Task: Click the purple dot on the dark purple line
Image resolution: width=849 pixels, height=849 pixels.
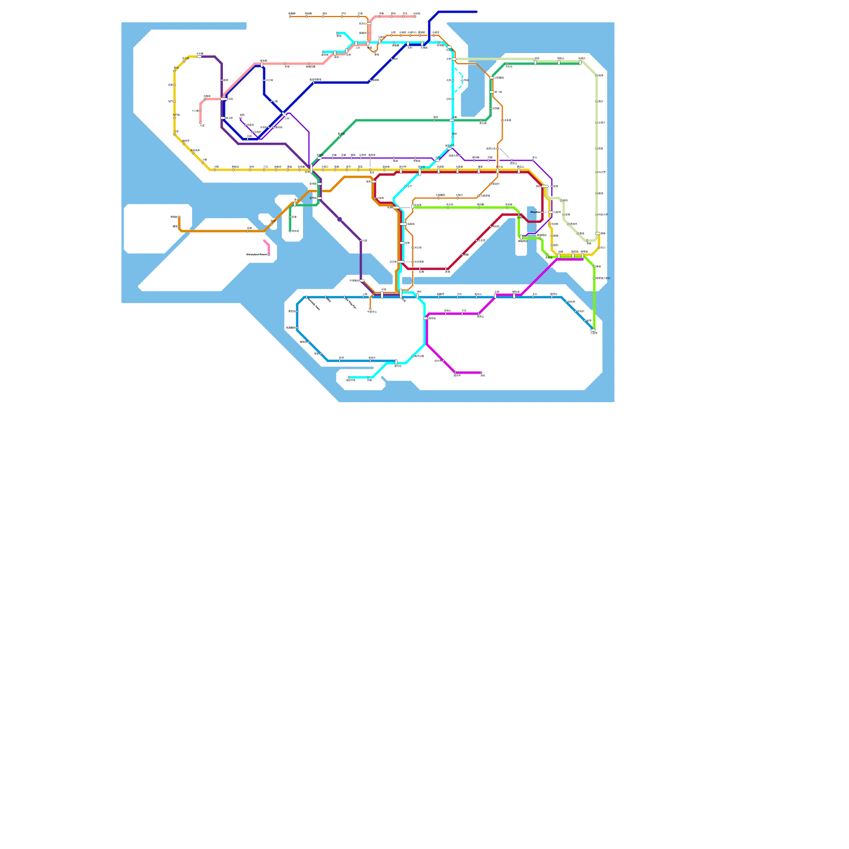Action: [340, 219]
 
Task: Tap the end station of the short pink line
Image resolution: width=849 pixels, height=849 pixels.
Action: [269, 255]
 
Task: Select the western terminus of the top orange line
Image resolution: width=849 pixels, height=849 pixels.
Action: [290, 16]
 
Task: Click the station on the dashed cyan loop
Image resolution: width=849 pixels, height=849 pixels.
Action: [462, 80]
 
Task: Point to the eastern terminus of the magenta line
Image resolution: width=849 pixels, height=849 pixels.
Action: [481, 372]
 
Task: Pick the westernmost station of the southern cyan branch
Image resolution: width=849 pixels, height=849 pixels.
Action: [349, 377]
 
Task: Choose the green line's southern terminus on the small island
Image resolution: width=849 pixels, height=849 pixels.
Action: [290, 231]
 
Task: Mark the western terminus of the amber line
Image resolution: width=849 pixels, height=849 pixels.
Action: [179, 217]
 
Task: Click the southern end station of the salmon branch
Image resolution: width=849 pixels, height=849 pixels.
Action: [201, 123]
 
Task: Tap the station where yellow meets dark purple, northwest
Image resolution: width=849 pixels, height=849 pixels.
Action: [199, 56]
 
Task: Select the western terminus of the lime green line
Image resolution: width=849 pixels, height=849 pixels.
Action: [413, 206]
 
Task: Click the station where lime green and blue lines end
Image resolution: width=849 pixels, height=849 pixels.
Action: [593, 331]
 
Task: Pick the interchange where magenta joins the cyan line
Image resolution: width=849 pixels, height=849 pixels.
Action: [426, 318]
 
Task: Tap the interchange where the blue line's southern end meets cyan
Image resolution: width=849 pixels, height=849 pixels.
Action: [396, 362]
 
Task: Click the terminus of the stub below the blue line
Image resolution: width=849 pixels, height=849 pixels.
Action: [370, 309]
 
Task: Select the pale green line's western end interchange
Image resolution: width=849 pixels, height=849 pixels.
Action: [454, 59]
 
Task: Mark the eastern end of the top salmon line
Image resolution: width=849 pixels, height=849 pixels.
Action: [415, 16]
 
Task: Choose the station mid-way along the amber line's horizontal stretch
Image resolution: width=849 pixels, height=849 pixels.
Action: [248, 231]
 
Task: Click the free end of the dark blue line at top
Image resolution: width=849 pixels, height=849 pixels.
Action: [477, 12]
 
